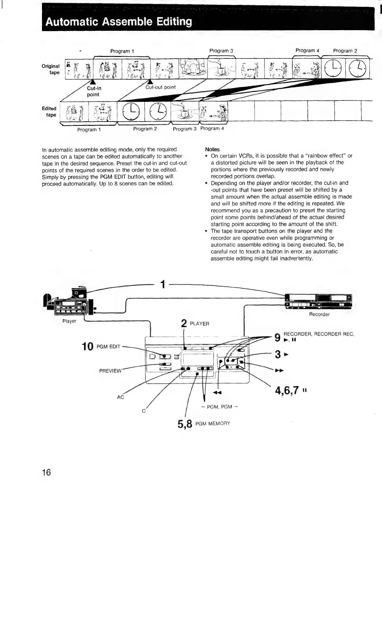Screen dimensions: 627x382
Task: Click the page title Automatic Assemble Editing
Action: click(118, 22)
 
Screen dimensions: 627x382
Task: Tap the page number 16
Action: click(46, 472)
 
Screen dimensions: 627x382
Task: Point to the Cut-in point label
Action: click(94, 91)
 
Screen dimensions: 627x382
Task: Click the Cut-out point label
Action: click(160, 87)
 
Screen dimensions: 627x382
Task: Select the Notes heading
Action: click(212, 149)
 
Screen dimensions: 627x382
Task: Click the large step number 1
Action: click(162, 284)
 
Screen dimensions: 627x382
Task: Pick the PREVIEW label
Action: click(110, 371)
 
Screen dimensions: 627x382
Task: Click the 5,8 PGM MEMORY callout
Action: click(204, 424)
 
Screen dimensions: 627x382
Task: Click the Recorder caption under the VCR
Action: click(319, 314)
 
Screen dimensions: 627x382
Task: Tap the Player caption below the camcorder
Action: click(69, 321)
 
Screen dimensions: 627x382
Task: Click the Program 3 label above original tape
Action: click(221, 51)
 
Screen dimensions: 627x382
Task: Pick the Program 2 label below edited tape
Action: click(145, 129)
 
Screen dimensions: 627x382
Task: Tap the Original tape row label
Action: click(51, 69)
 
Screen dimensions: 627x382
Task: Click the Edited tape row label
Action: click(49, 112)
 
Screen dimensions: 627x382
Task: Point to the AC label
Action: click(120, 397)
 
